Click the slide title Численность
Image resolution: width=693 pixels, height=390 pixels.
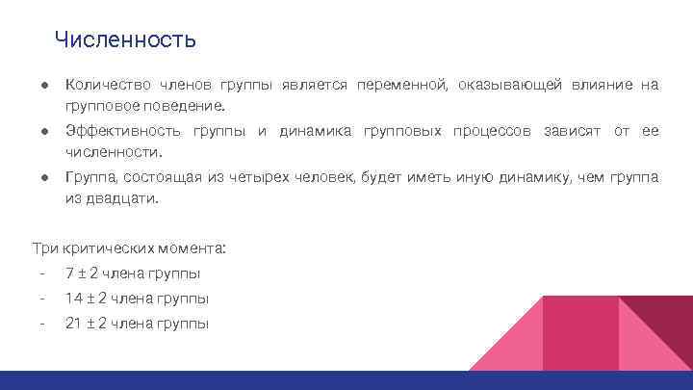click(125, 40)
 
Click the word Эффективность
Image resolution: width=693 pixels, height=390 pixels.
click(122, 130)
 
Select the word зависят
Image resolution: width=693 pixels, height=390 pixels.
click(574, 130)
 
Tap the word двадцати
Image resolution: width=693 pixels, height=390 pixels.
click(120, 198)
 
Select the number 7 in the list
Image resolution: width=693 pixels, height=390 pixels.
click(69, 273)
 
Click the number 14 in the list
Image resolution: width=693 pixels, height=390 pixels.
click(73, 299)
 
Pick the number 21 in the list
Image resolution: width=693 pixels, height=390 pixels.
click(73, 324)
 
